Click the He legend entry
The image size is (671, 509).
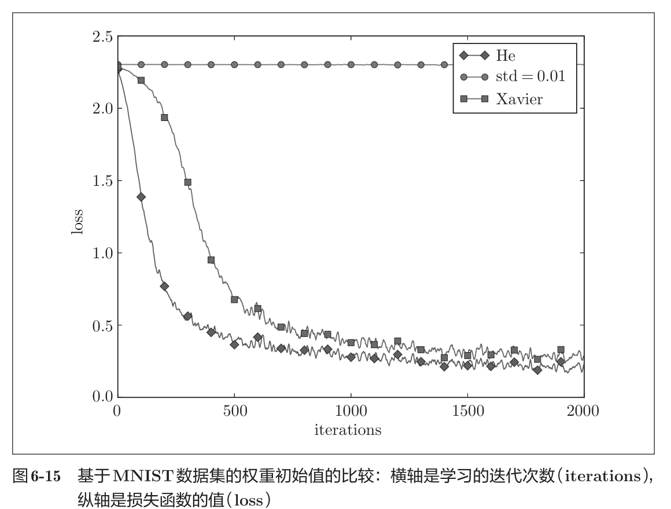pos(505,56)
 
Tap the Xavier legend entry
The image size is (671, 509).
pos(519,98)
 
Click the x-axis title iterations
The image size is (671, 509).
pos(348,430)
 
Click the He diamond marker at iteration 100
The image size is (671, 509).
pos(141,197)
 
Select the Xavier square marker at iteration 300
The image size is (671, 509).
pos(187,182)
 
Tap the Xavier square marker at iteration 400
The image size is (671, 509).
pos(211,260)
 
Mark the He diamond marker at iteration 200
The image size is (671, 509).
pos(164,286)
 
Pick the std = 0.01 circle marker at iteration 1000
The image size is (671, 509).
pos(351,65)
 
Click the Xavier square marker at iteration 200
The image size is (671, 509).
pos(164,118)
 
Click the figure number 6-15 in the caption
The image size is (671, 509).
pos(45,477)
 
